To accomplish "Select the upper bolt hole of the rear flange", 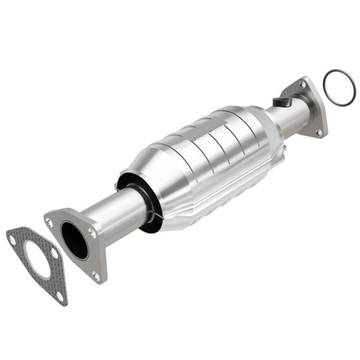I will (x=302, y=85).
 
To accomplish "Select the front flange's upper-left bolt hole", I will (x=49, y=223).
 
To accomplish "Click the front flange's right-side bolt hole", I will (x=92, y=233).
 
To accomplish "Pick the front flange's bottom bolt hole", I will (x=96, y=275).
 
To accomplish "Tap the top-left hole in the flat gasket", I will (x=12, y=239).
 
